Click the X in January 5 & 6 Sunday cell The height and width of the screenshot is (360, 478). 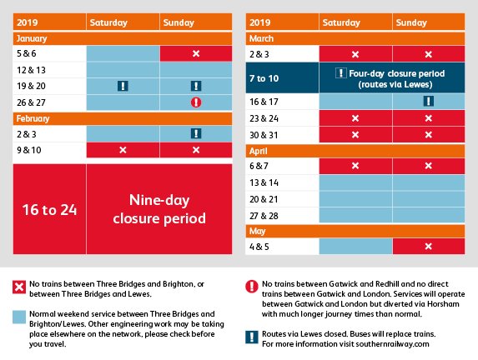(195, 53)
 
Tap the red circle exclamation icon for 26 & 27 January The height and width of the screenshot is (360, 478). (195, 102)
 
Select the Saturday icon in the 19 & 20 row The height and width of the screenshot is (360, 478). (122, 85)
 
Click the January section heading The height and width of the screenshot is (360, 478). (32, 38)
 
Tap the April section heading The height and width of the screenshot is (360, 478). (263, 150)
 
